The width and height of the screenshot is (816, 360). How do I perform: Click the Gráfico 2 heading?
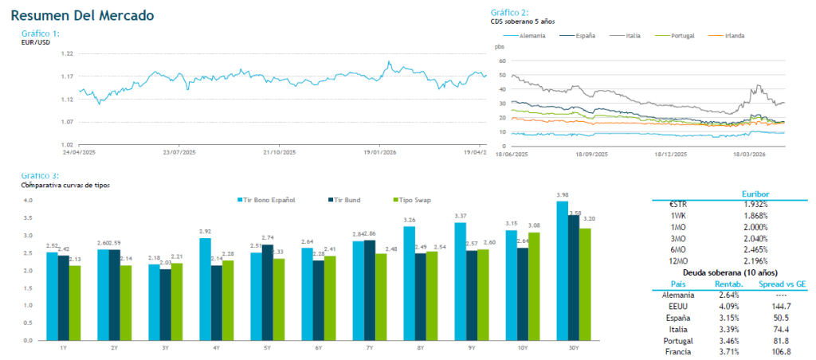(509, 13)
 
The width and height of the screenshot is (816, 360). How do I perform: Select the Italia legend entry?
(634, 36)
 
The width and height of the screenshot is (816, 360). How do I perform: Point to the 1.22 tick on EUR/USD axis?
(67, 53)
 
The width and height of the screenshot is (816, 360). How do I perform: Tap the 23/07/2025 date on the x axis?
(178, 151)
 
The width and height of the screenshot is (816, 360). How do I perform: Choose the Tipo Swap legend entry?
(415, 199)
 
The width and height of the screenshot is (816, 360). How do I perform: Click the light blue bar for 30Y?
(563, 271)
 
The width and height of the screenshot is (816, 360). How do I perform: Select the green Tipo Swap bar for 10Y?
(535, 286)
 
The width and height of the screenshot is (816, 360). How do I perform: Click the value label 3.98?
(563, 194)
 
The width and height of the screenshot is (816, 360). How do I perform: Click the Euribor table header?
(755, 193)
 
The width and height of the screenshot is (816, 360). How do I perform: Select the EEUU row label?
(678, 305)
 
